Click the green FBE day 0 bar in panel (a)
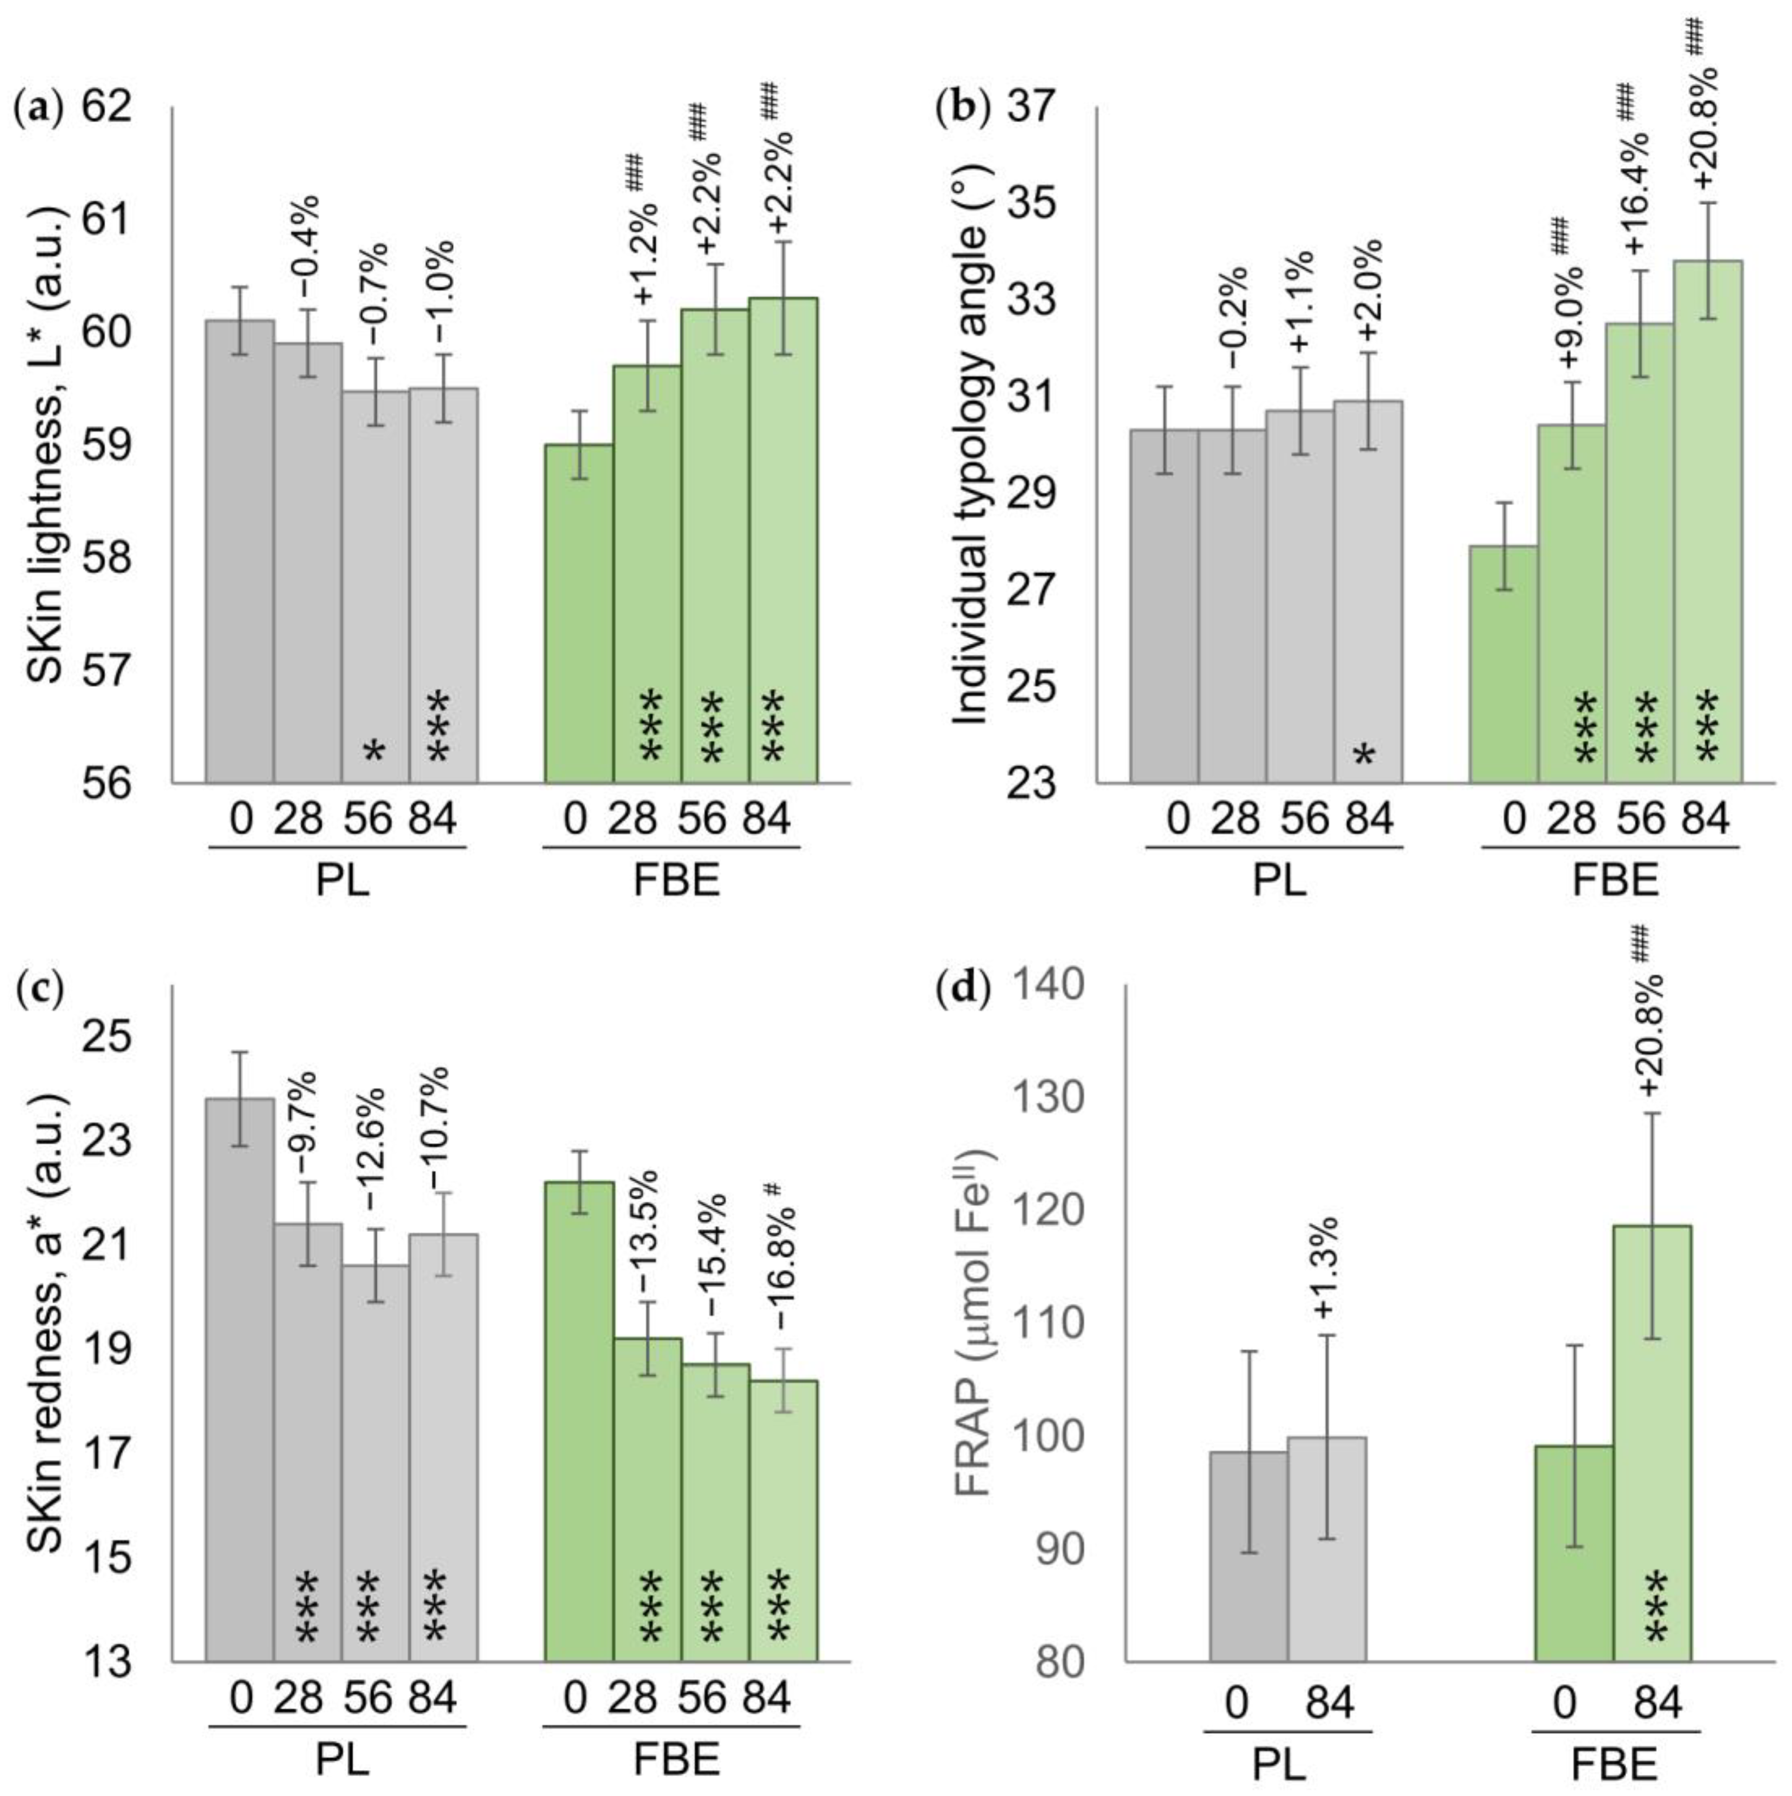pyautogui.click(x=578, y=614)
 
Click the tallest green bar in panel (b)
pyautogui.click(x=1707, y=520)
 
